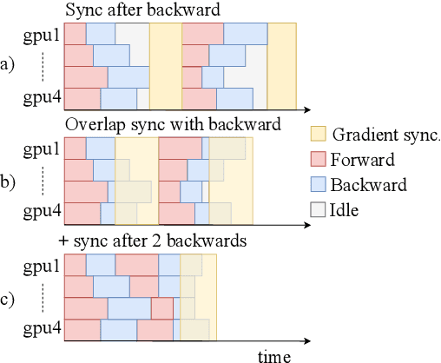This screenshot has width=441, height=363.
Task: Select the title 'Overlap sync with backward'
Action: (173, 124)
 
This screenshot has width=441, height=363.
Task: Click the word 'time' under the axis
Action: (273, 355)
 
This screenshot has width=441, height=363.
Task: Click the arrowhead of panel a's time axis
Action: (308, 110)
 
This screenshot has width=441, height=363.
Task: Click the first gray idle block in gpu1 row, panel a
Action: (131, 34)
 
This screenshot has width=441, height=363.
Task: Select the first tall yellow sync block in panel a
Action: (164, 65)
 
